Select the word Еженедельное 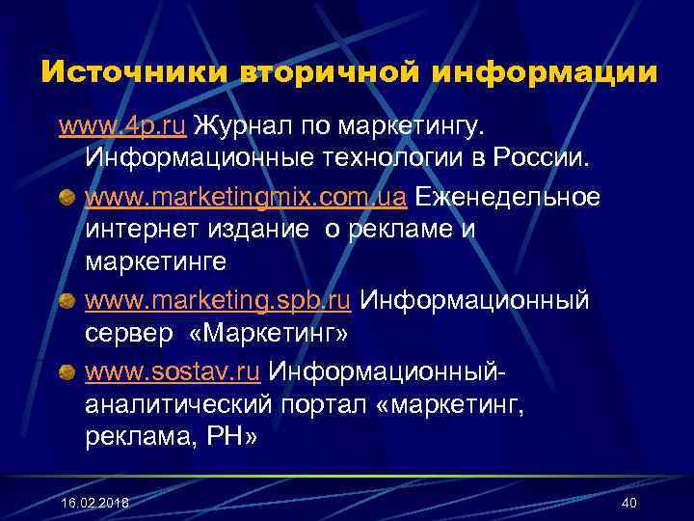(x=506, y=199)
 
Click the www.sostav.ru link (x=173, y=371)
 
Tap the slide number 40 (x=629, y=503)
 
